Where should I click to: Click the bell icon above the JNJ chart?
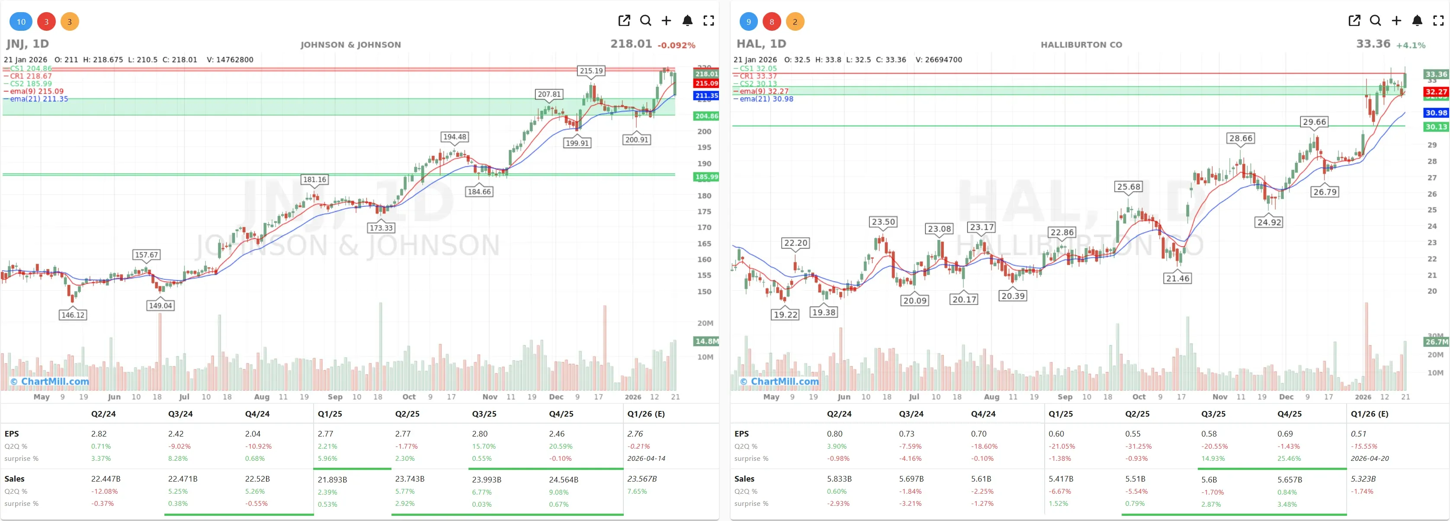click(687, 21)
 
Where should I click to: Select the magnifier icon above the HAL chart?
click(1375, 21)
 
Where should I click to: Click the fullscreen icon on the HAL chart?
click(1438, 21)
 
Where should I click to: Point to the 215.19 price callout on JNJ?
click(591, 71)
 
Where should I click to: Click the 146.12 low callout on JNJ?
click(73, 315)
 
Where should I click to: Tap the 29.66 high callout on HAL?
click(1314, 122)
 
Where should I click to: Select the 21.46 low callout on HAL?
click(1177, 278)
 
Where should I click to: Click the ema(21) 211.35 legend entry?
click(38, 99)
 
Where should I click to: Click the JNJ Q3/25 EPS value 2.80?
click(480, 434)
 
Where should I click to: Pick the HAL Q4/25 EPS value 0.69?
click(1285, 434)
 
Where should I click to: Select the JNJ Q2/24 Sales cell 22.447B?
click(106, 479)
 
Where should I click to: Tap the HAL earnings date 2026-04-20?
click(1370, 459)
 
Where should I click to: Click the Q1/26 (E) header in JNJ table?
click(646, 414)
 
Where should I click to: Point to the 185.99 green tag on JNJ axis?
click(706, 177)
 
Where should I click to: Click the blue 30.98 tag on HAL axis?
click(1436, 113)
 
